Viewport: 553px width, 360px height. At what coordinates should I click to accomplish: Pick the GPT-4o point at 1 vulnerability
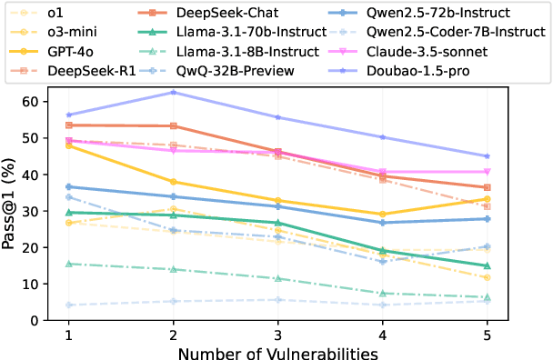[68, 145]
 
